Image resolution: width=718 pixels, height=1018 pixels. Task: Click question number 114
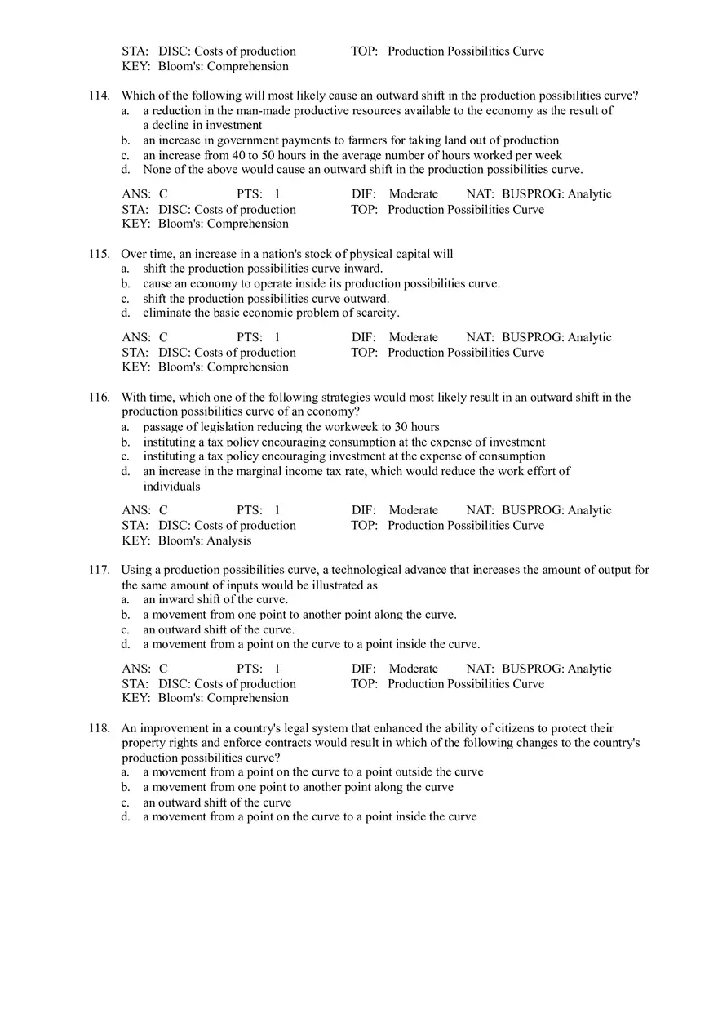pyautogui.click(x=99, y=96)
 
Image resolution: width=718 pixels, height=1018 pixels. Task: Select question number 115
pyautogui.click(x=99, y=254)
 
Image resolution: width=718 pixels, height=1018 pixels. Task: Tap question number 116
pyautogui.click(x=99, y=398)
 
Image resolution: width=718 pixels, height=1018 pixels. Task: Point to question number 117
pyautogui.click(x=99, y=570)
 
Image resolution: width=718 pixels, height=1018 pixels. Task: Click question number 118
pyautogui.click(x=99, y=728)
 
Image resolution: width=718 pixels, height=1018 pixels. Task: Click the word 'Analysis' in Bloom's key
pyautogui.click(x=229, y=540)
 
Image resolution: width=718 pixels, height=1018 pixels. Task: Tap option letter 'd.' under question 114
pyautogui.click(x=126, y=170)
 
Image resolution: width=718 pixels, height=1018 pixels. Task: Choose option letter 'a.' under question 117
pyautogui.click(x=126, y=599)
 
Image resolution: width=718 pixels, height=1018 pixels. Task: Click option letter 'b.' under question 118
pyautogui.click(x=126, y=787)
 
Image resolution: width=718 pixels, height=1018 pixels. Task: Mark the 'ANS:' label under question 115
pyautogui.click(x=136, y=337)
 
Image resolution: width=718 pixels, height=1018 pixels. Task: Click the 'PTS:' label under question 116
pyautogui.click(x=250, y=510)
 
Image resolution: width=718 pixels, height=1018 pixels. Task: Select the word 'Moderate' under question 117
pyautogui.click(x=414, y=669)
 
